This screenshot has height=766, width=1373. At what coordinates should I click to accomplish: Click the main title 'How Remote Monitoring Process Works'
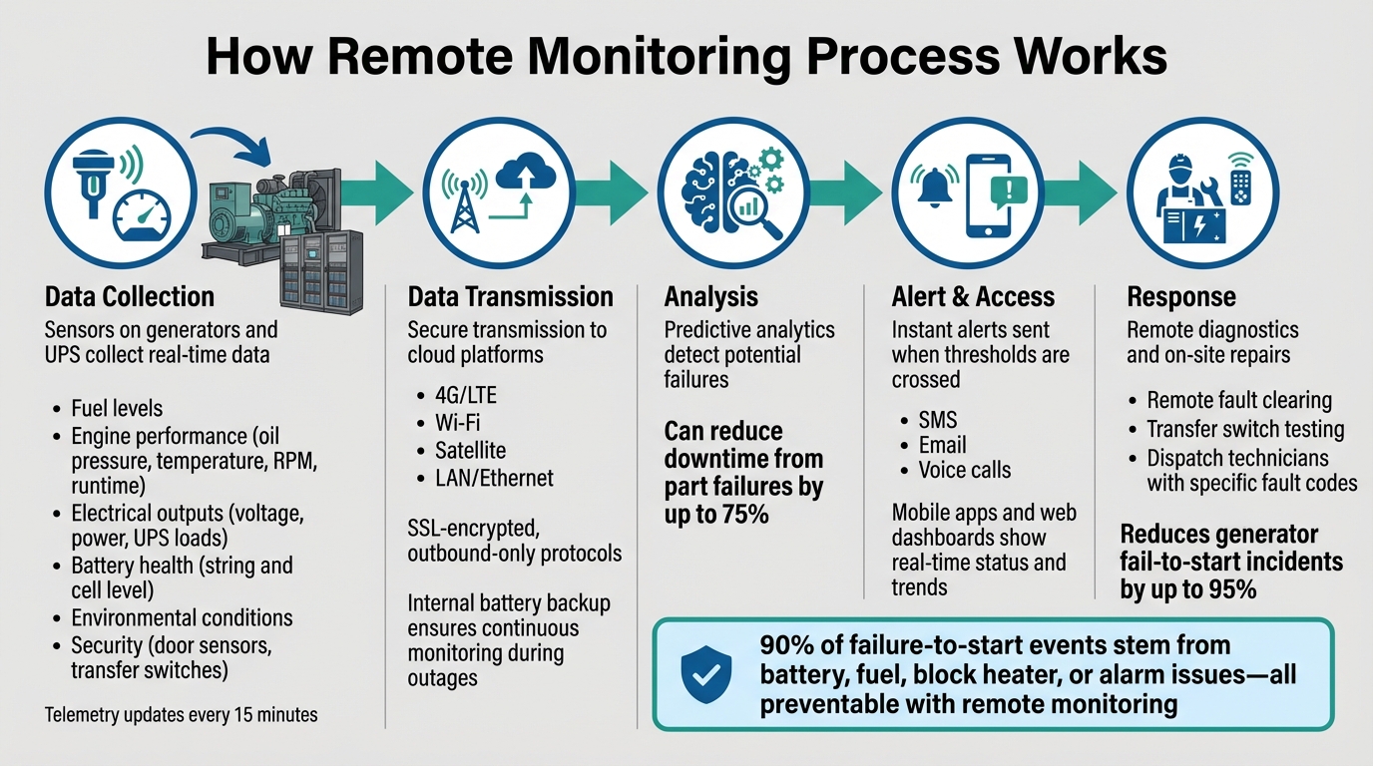coord(686,57)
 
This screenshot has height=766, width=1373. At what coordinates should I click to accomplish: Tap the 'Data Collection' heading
coord(130,296)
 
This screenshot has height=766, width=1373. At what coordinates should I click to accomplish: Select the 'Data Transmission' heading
coord(510,296)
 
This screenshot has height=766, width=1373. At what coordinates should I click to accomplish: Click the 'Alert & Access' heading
coord(973,296)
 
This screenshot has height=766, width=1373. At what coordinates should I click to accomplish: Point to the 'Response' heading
coord(1181,296)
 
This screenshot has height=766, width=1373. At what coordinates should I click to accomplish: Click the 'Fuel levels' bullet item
coord(117,408)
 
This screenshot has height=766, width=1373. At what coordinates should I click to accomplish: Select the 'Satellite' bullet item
coord(470,450)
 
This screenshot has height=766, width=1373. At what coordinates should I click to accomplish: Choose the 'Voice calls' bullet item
coord(964,470)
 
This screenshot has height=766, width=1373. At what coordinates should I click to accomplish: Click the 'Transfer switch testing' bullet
coord(1245,429)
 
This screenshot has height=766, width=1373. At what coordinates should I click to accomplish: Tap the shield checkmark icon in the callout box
coord(706,675)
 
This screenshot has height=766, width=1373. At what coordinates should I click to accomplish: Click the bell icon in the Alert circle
coord(935,183)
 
